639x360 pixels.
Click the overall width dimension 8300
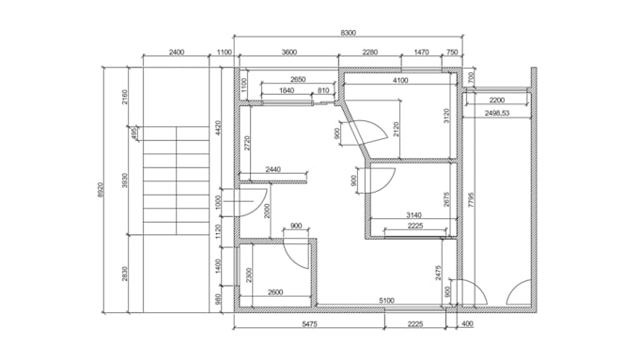coord(348,33)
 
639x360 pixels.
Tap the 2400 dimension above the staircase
coord(177,54)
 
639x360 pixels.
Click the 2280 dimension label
coord(370,54)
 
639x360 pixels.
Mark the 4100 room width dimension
coord(401,81)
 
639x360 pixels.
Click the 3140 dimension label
coord(413,215)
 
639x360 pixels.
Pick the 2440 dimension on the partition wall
coord(273,169)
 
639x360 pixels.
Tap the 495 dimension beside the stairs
coord(134,133)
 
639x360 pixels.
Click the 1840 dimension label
coord(288,90)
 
